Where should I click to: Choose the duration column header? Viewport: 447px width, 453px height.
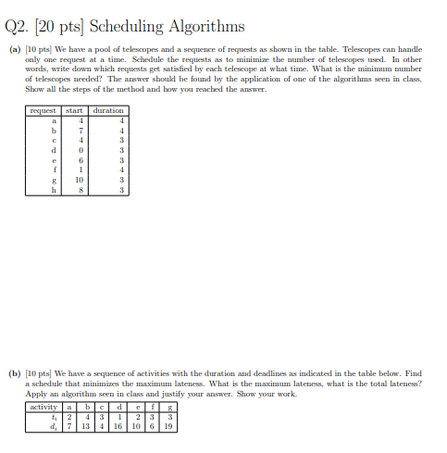[109, 110]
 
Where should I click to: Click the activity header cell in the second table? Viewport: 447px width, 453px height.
[43, 407]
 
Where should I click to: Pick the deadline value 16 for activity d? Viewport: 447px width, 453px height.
[119, 427]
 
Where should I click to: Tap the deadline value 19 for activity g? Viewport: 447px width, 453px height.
[168, 427]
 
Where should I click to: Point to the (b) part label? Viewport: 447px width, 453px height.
[16, 374]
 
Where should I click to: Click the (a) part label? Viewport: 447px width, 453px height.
[16, 44]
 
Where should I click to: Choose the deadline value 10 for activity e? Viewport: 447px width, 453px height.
[136, 427]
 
